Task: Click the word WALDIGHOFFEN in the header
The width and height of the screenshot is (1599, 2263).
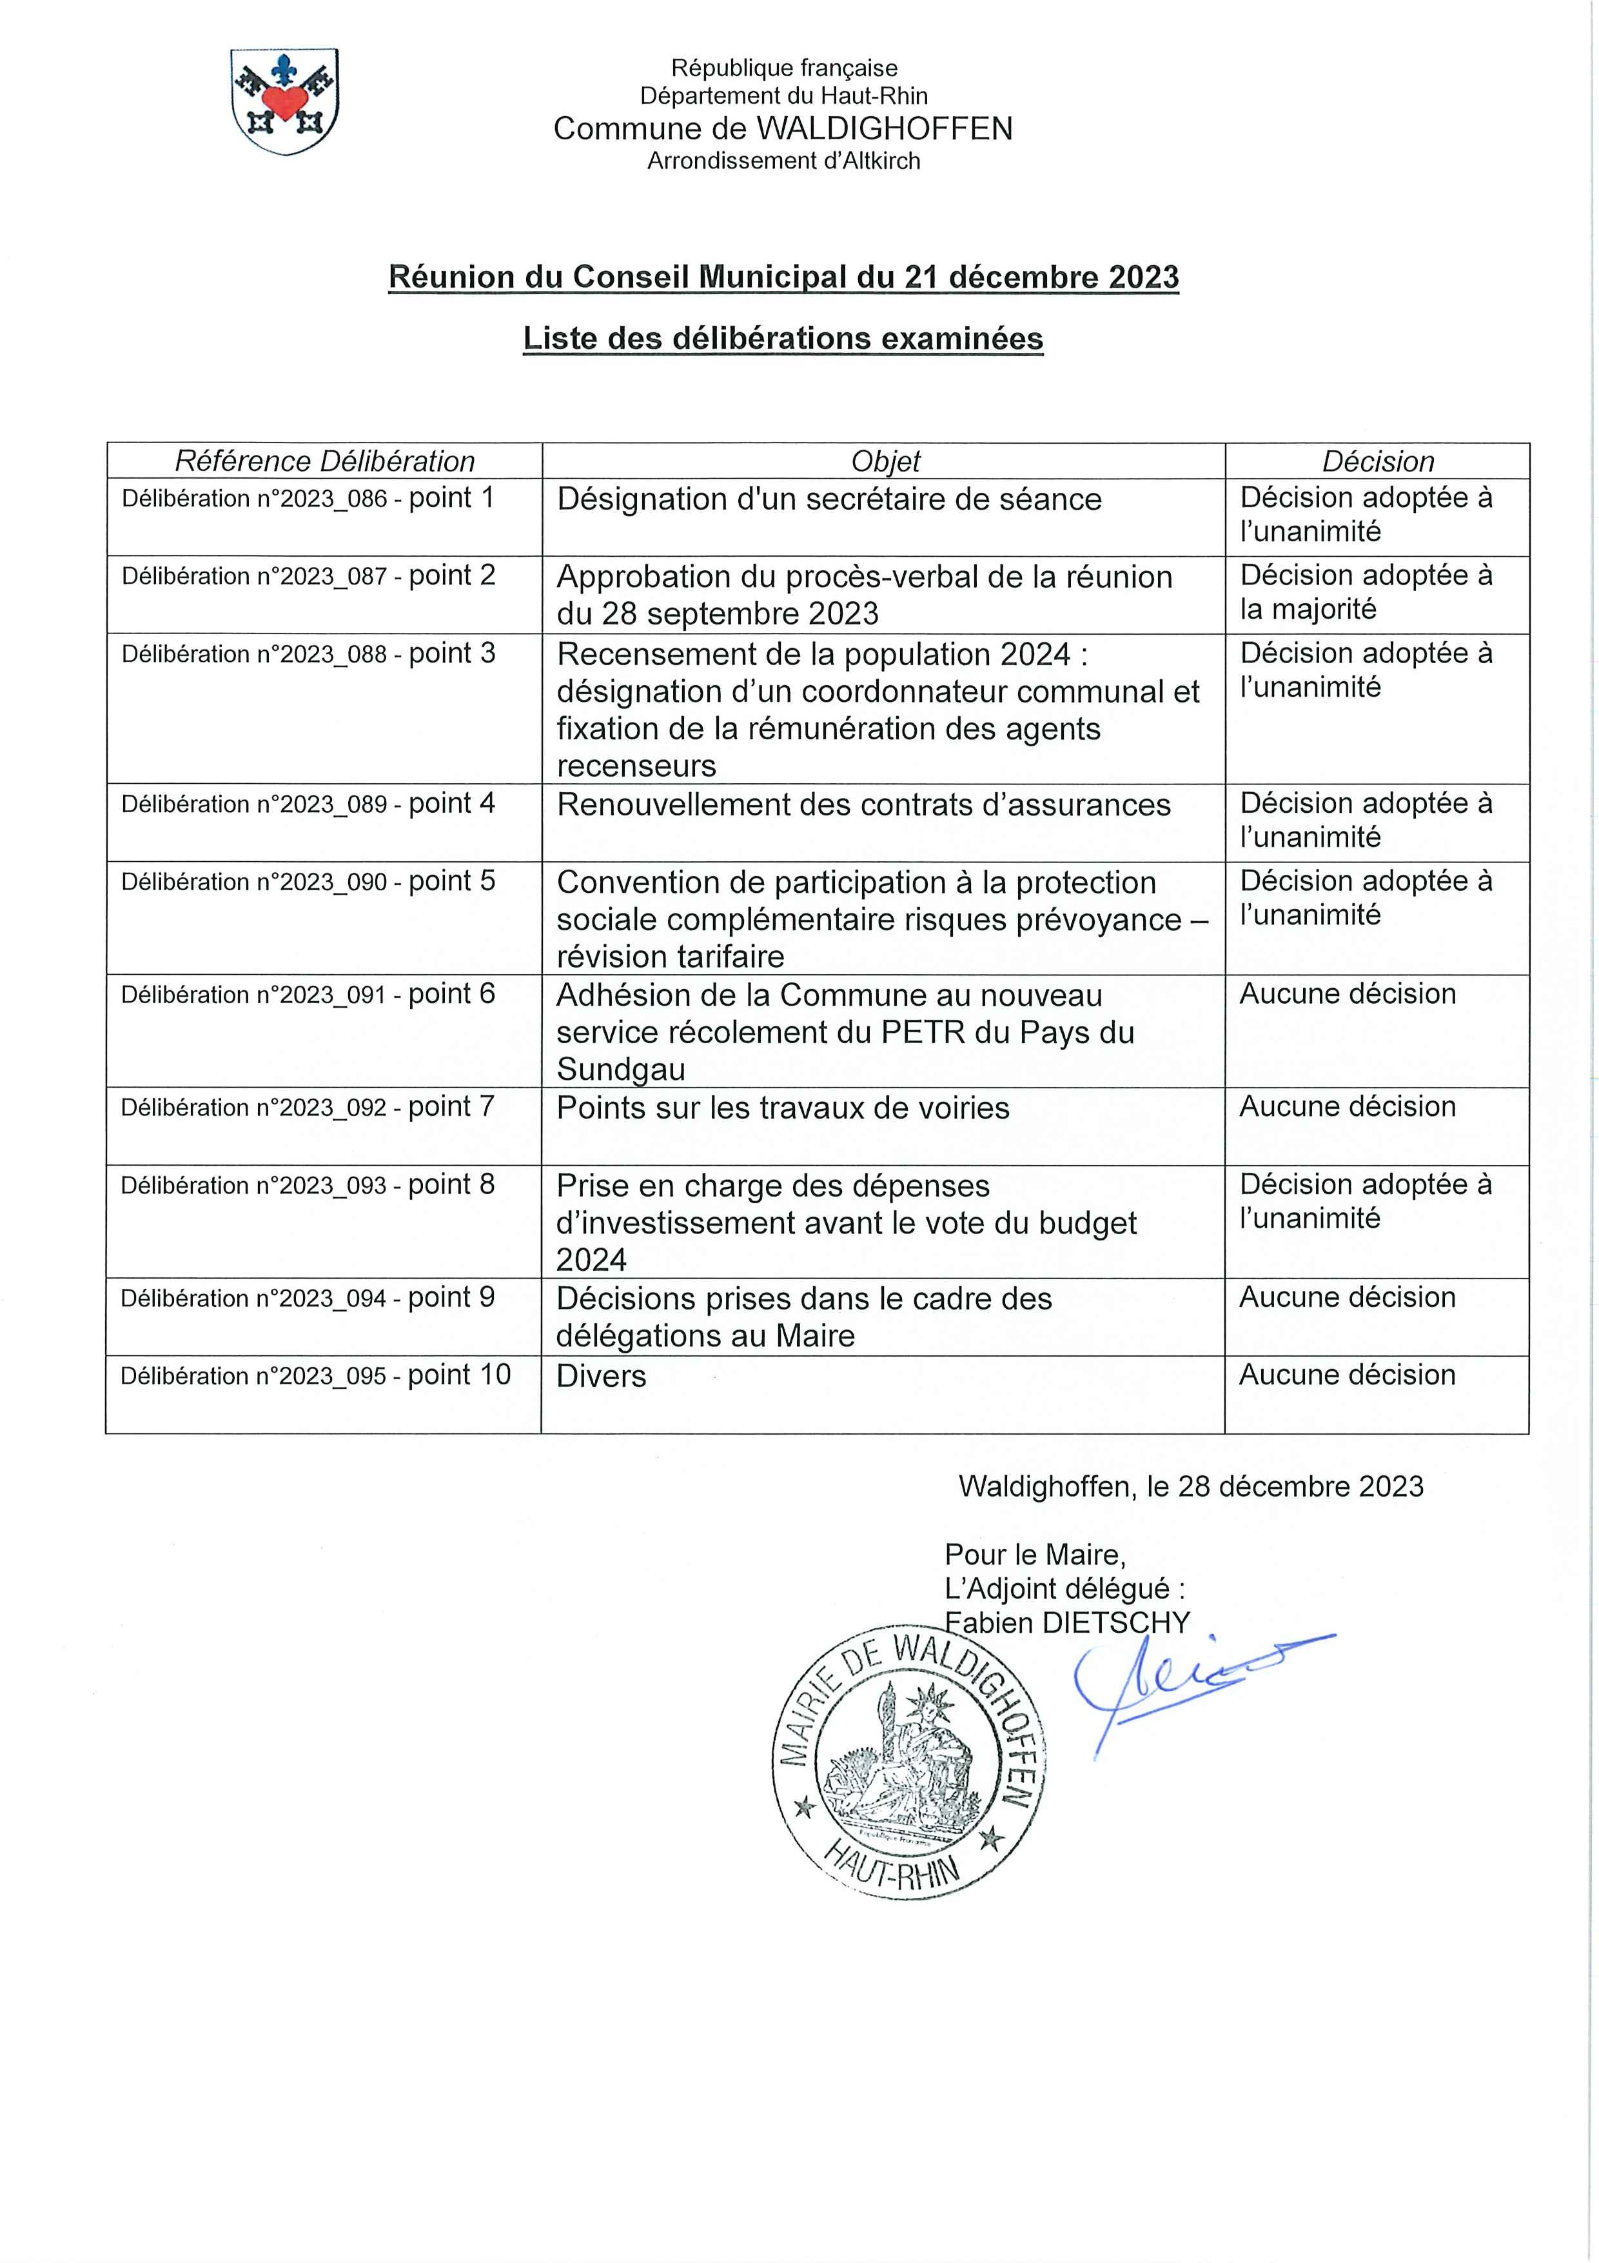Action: (x=884, y=129)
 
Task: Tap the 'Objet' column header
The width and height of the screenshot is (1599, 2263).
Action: (x=885, y=461)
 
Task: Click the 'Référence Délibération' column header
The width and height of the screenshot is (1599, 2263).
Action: (x=324, y=461)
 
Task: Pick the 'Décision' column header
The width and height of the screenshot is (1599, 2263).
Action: (x=1377, y=461)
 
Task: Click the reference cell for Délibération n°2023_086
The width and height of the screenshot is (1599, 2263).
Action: (x=308, y=499)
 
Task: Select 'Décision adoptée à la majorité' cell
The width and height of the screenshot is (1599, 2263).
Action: (x=1366, y=592)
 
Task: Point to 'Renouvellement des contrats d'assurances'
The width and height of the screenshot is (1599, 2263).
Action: (x=863, y=805)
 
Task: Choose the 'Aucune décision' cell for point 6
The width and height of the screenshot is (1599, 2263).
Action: (x=1347, y=995)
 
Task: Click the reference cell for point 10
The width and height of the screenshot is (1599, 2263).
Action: (x=315, y=1376)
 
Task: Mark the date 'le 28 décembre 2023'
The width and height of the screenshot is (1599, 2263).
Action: (x=1285, y=1486)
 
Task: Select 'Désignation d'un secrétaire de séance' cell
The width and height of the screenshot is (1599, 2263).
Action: (x=829, y=500)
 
